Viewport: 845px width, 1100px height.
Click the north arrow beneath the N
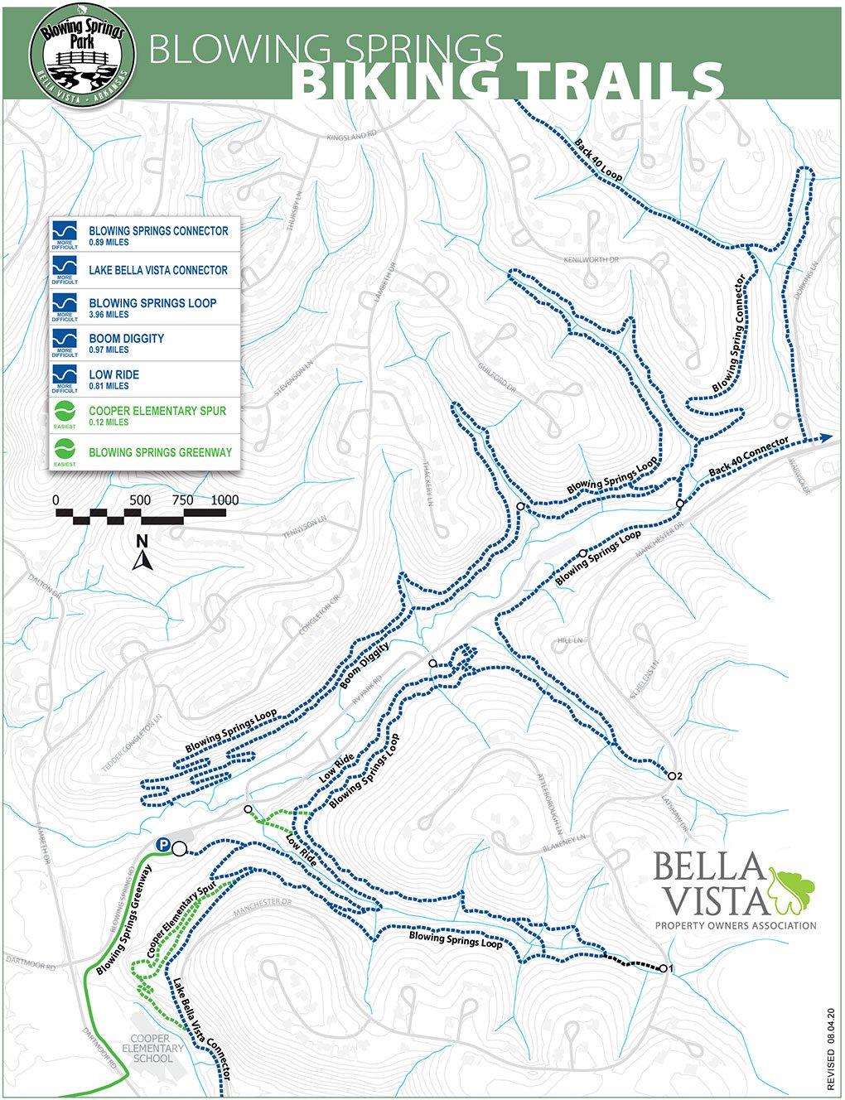(141, 562)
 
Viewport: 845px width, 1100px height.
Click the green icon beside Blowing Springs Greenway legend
(65, 452)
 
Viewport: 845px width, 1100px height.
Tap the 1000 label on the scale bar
(225, 500)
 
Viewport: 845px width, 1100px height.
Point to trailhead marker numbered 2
(670, 776)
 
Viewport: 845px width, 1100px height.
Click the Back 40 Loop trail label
(597, 161)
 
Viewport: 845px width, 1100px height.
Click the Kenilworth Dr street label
(591, 259)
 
